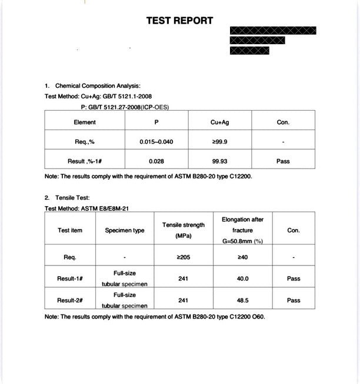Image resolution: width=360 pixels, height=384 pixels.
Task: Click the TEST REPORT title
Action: point(179,21)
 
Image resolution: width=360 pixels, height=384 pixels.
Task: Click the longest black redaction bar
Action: point(273,30)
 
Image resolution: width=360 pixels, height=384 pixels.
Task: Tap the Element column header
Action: point(85,123)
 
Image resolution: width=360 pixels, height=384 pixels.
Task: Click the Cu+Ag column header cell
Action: point(219,123)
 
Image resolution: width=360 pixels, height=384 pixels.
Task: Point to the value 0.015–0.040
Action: point(156,142)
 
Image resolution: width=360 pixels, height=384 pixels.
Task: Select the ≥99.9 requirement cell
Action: point(219,142)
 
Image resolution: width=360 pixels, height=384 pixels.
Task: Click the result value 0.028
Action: point(156,161)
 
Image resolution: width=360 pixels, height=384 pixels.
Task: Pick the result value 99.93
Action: point(219,161)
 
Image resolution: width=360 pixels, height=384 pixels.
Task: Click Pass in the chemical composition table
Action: point(283,161)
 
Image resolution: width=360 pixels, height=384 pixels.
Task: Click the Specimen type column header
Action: point(125,230)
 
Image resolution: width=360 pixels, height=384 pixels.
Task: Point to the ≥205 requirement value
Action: point(183,257)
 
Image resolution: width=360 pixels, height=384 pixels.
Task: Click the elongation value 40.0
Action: point(242,279)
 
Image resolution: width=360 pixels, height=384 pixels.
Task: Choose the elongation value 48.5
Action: point(242,300)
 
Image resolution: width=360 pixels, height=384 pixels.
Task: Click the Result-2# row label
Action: point(69,300)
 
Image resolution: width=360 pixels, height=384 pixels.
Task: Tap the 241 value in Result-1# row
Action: point(183,279)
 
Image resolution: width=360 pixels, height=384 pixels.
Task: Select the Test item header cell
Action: point(70,230)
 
